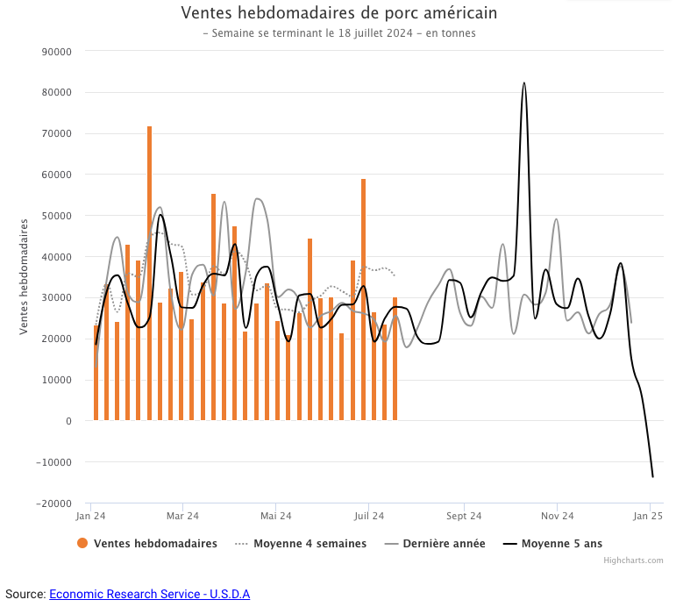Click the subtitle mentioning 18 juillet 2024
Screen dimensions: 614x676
[x=338, y=33]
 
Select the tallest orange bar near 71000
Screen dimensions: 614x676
[x=149, y=272]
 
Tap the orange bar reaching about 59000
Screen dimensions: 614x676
[x=363, y=298]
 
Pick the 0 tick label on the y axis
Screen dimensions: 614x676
[x=68, y=421]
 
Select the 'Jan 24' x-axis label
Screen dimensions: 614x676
[x=91, y=516]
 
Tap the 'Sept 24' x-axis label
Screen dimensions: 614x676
[x=463, y=516]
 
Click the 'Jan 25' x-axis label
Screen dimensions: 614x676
[x=649, y=516]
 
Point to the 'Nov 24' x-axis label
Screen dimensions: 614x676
[x=557, y=516]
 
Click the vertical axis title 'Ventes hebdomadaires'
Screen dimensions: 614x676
[x=25, y=276]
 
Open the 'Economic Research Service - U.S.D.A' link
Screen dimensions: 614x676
[x=149, y=594]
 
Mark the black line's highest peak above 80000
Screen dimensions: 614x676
[x=524, y=83]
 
